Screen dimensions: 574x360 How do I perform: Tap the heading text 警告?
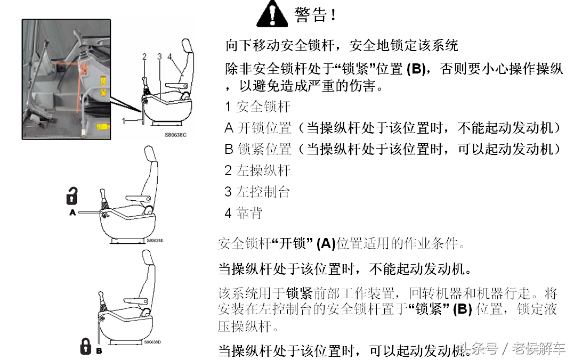pyautogui.click(x=315, y=15)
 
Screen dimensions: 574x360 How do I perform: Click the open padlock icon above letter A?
pyautogui.click(x=72, y=195)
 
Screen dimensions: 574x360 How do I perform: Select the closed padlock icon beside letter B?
pyautogui.click(x=86, y=346)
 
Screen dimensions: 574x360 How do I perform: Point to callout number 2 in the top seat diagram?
pyautogui.click(x=144, y=56)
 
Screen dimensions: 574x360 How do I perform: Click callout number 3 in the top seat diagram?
pyautogui.click(x=159, y=56)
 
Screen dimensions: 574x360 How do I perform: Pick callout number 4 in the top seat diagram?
pyautogui.click(x=169, y=56)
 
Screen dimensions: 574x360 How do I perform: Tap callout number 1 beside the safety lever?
pyautogui.click(x=124, y=121)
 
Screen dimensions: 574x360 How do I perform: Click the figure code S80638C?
pyautogui.click(x=176, y=135)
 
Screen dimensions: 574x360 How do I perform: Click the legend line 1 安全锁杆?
pyautogui.click(x=258, y=107)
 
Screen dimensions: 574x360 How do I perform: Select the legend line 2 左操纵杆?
pyautogui.click(x=258, y=170)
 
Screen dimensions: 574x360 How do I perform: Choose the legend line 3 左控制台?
pyautogui.click(x=257, y=192)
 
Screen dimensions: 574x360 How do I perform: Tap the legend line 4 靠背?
pyautogui.click(x=244, y=213)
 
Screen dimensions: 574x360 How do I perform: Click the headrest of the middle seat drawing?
pyautogui.click(x=150, y=153)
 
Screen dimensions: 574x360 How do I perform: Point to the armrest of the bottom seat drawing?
pyautogui.click(x=136, y=301)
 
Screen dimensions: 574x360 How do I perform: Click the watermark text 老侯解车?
pyautogui.click(x=539, y=348)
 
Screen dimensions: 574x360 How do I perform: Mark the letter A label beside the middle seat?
pyautogui.click(x=72, y=212)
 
